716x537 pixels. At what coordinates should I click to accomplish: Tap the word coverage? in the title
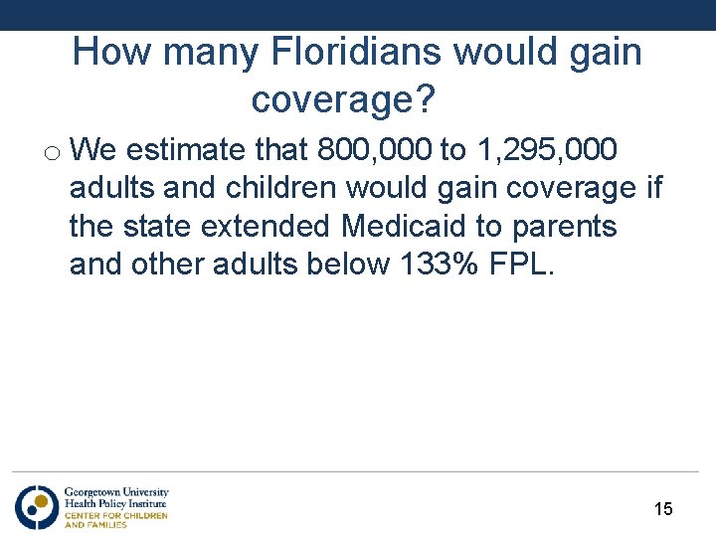pyautogui.click(x=344, y=99)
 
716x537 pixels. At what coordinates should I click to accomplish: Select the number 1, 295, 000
pyautogui.click(x=547, y=150)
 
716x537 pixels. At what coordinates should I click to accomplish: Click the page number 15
pyautogui.click(x=663, y=509)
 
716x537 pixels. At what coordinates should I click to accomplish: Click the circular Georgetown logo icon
pyautogui.click(x=36, y=507)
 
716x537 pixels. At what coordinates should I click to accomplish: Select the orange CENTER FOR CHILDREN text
pyautogui.click(x=115, y=515)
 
